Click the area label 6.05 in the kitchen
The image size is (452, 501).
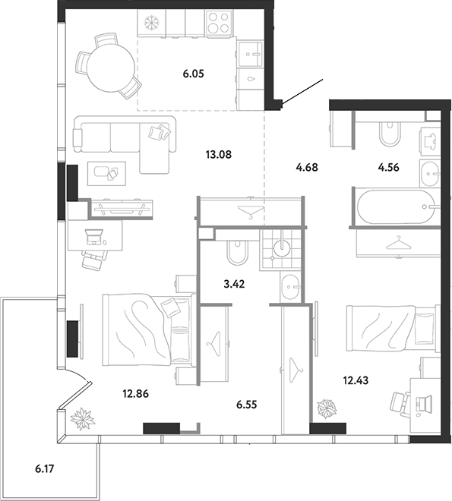(194, 74)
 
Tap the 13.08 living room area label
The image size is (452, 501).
(219, 155)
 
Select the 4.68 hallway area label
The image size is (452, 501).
(307, 167)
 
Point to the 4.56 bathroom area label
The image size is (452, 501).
(388, 167)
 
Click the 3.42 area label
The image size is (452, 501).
(234, 284)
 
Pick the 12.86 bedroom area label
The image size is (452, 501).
(136, 394)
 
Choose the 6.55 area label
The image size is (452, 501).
(247, 405)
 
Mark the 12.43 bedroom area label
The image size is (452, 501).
(356, 380)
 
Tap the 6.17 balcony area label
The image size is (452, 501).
(44, 469)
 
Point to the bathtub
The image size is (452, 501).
(397, 207)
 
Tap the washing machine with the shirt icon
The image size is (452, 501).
(430, 141)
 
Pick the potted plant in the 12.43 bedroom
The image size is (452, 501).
(327, 408)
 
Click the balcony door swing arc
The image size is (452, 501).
(77, 373)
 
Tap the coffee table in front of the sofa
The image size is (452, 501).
(107, 174)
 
